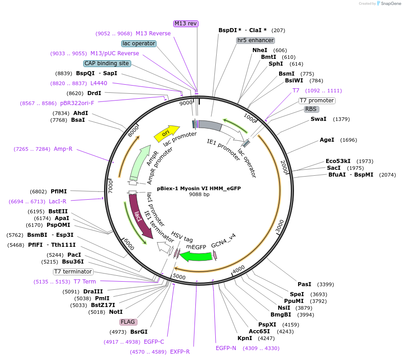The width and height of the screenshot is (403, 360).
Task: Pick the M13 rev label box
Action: pyautogui.click(x=186, y=23)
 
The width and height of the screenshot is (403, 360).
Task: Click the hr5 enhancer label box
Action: pyautogui.click(x=256, y=40)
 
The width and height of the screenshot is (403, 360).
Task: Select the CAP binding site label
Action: pyautogui.click(x=107, y=63)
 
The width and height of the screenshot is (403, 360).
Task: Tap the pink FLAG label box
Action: pyautogui.click(x=128, y=322)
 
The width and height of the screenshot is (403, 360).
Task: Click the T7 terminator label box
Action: pyautogui.click(x=73, y=272)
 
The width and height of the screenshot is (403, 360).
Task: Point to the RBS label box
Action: pyautogui.click(x=311, y=109)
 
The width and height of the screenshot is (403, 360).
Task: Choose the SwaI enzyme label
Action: pyautogui.click(x=318, y=119)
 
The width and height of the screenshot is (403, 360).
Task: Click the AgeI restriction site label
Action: pyautogui.click(x=327, y=140)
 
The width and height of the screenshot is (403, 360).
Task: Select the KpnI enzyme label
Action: pyautogui.click(x=245, y=338)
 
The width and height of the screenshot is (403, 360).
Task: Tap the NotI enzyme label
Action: pyautogui.click(x=115, y=312)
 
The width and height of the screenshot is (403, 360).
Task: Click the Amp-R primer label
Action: pyautogui.click(x=63, y=149)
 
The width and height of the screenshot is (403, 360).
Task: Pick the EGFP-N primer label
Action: pyautogui.click(x=226, y=348)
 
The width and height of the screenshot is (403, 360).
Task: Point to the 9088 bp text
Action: pyautogui.click(x=199, y=194)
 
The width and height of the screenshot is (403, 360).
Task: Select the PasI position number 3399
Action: pyautogui.click(x=325, y=284)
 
